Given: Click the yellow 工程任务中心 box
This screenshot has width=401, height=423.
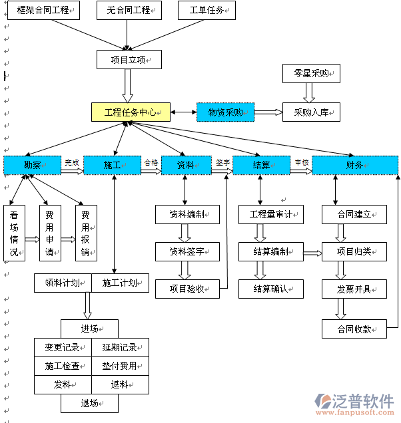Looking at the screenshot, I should [131, 112].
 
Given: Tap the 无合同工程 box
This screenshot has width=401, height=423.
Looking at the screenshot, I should [129, 11].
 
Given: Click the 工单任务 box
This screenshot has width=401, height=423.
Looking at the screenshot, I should [207, 11].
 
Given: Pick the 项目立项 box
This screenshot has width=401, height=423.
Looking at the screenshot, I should [129, 60].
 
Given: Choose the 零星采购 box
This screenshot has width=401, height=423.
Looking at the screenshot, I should [311, 73].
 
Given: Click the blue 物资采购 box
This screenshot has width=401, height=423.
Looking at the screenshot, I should [225, 112].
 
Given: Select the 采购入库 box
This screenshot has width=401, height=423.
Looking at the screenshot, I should [311, 112].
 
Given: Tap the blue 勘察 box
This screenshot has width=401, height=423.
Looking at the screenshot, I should [32, 165].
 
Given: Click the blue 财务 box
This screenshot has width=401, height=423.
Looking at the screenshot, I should [354, 165].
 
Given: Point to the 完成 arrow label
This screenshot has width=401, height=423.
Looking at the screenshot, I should [71, 162].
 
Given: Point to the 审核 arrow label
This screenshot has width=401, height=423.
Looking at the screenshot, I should [301, 162].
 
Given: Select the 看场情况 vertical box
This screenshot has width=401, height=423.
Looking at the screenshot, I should [14, 233].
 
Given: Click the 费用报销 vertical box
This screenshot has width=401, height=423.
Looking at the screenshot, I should [85, 233].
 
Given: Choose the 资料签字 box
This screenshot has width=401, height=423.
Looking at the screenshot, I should [187, 251].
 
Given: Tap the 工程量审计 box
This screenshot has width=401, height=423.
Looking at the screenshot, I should [271, 214].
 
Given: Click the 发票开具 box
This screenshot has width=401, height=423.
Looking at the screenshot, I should [354, 289].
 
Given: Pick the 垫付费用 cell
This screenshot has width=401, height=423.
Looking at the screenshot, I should [120, 366].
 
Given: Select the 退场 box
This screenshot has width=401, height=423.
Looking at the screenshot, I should [89, 403].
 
